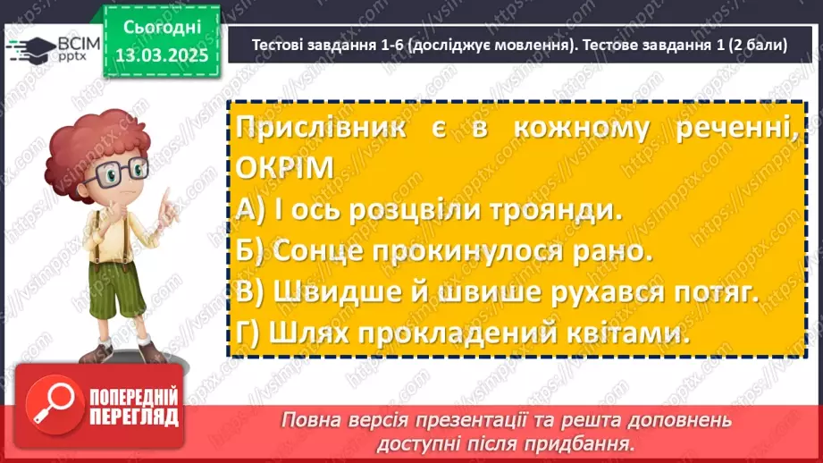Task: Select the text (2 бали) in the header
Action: tap(747, 46)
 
